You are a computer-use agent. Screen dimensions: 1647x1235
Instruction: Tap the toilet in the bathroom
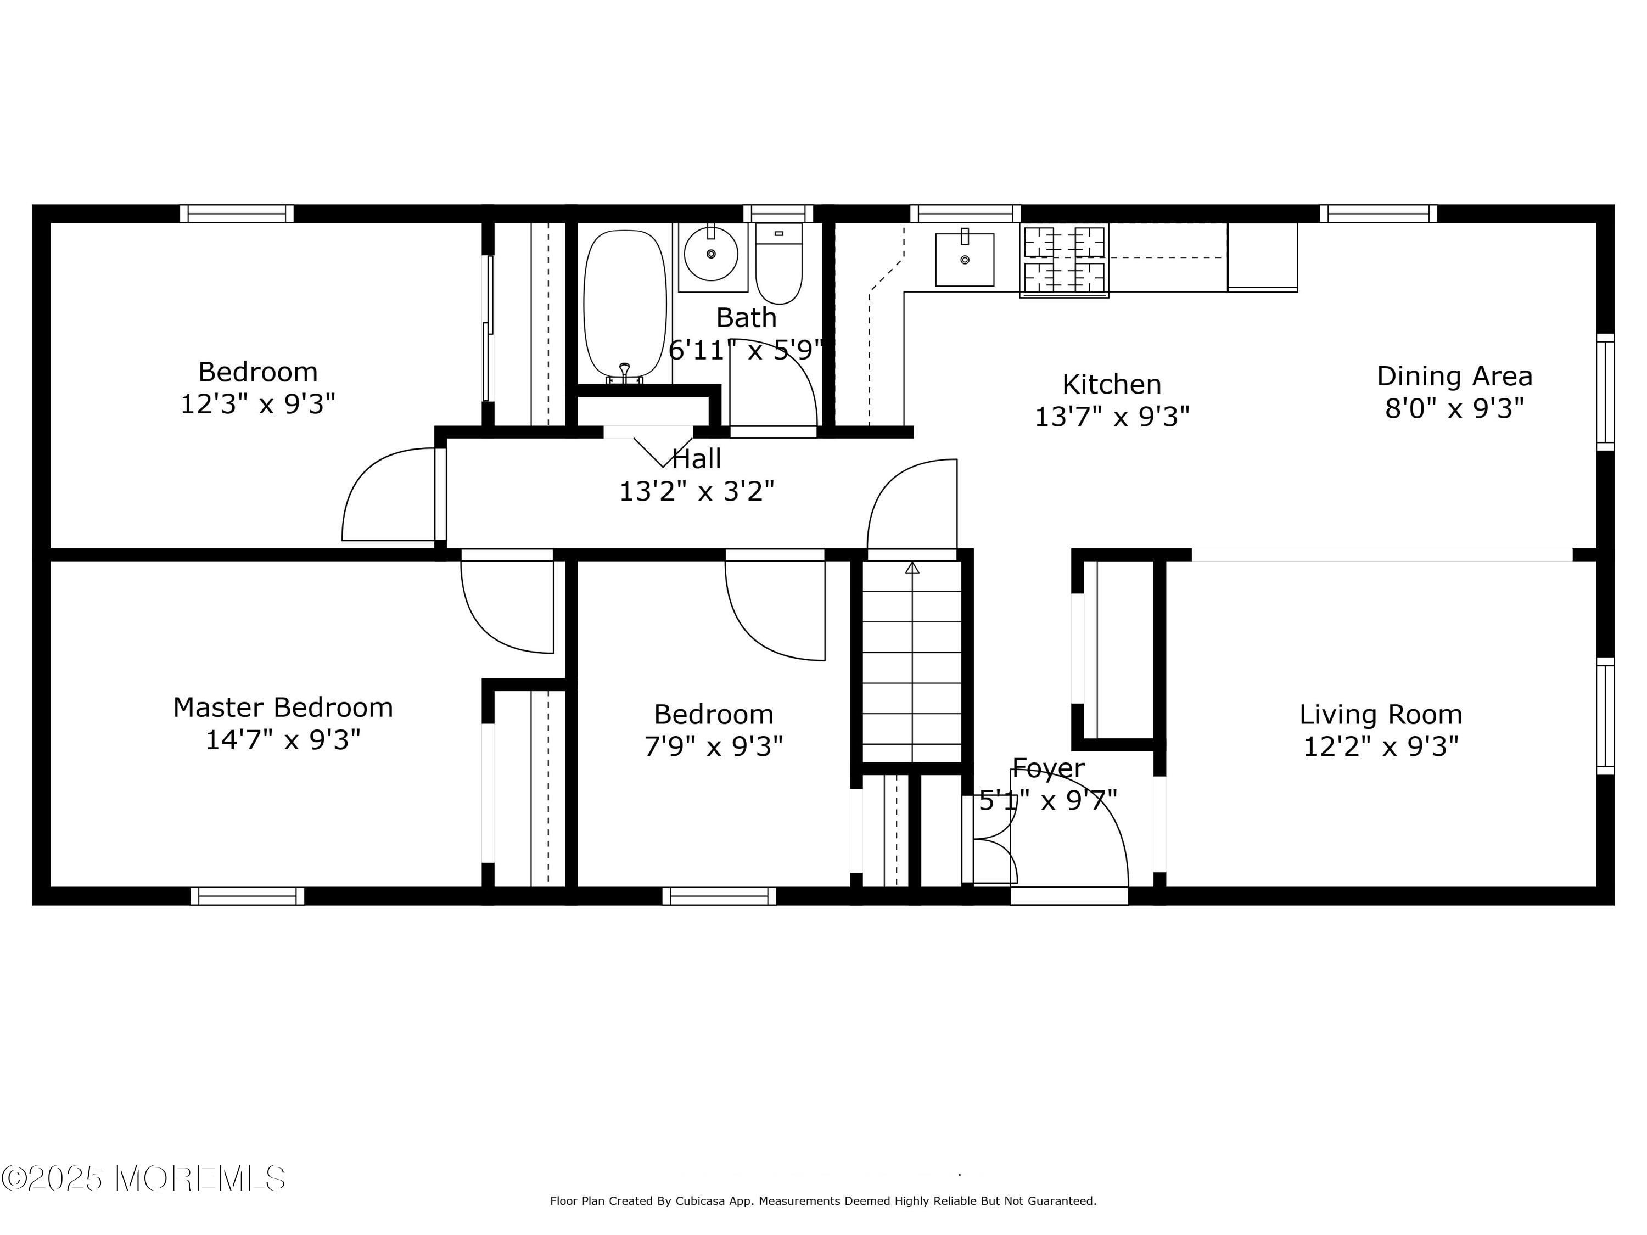click(779, 263)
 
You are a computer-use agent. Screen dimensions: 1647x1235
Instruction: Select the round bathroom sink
click(711, 254)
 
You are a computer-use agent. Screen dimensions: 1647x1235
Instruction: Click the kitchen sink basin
click(964, 259)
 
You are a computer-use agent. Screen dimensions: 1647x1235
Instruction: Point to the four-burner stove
click(1064, 260)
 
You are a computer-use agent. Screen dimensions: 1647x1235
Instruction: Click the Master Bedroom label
click(283, 707)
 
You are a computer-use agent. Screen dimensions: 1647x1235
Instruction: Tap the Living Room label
click(1381, 715)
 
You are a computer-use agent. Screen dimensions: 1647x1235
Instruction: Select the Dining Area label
click(1455, 376)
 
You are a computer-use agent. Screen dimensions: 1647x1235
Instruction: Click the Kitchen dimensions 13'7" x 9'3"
click(1112, 417)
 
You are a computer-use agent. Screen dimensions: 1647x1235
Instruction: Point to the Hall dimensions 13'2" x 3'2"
click(697, 491)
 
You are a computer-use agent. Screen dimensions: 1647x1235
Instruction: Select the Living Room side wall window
click(1605, 716)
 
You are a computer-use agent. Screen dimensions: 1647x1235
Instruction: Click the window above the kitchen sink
click(966, 214)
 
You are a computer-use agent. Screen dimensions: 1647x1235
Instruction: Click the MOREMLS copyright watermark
click(143, 1178)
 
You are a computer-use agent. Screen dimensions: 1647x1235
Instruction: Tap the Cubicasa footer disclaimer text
click(823, 1222)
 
